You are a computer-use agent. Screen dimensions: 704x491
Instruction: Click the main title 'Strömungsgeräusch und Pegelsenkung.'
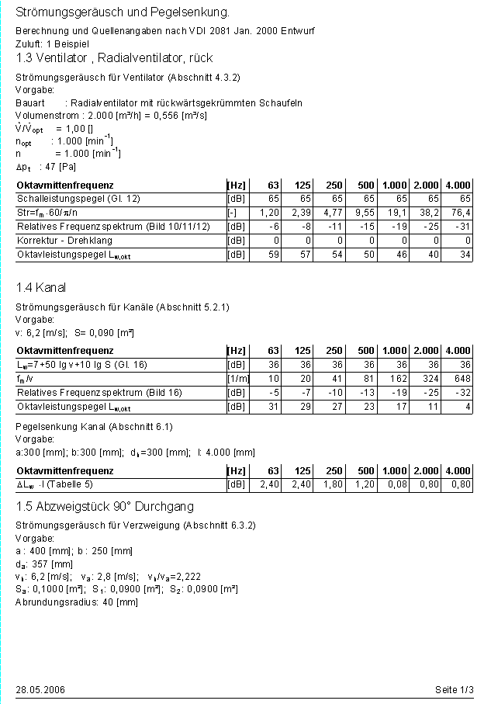click(x=123, y=13)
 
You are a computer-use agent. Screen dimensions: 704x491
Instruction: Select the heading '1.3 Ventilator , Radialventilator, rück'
click(x=114, y=58)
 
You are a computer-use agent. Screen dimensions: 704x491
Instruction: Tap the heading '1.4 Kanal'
click(x=41, y=288)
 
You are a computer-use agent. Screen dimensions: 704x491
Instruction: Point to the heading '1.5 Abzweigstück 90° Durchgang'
click(x=105, y=507)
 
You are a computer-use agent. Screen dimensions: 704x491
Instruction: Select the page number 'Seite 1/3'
click(x=455, y=690)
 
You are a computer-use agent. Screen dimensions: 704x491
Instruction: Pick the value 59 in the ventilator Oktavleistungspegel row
click(x=274, y=255)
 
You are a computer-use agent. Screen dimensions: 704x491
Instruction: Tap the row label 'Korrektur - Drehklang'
click(x=64, y=241)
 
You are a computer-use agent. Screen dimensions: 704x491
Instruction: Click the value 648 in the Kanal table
click(x=462, y=379)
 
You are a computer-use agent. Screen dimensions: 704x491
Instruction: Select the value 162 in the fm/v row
click(x=399, y=379)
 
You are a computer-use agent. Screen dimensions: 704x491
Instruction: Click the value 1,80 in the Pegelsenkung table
click(x=334, y=485)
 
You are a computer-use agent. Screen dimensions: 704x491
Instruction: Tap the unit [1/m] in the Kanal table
click(x=237, y=379)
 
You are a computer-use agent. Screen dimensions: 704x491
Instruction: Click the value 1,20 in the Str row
click(x=269, y=213)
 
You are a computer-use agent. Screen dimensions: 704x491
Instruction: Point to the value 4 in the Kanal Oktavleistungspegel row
click(x=468, y=407)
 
